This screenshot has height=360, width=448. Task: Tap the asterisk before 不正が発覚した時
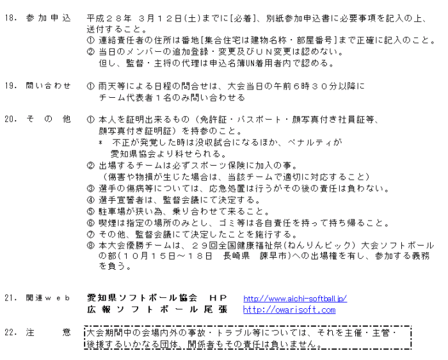100,143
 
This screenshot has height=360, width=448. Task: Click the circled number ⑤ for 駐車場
90,212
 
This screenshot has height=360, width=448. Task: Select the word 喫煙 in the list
106,223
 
